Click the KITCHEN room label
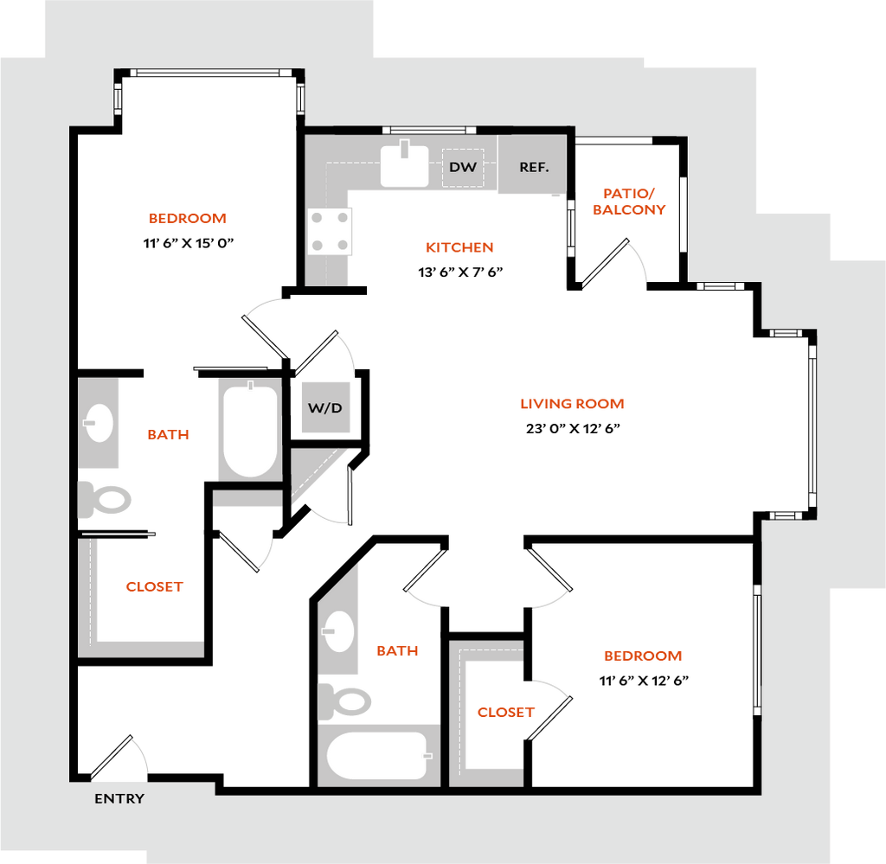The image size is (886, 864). pos(460,248)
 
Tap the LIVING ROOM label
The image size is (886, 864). pos(572,404)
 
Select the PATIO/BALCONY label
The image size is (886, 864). pos(630,202)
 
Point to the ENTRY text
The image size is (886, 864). pos(119,799)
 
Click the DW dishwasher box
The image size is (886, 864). pos(463,167)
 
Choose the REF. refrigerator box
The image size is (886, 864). pos(533,167)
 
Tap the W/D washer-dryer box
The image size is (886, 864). pos(325,407)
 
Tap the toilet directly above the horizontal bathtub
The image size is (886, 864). pos(345,701)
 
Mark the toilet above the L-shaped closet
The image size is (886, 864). pos(106,500)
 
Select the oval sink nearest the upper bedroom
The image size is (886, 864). pos(99,423)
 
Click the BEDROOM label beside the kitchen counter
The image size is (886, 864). pos(188,219)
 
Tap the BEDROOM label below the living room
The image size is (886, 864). pos(642,656)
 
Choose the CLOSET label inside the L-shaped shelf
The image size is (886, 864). pos(155,586)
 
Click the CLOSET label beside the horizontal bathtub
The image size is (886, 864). pos(506,714)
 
